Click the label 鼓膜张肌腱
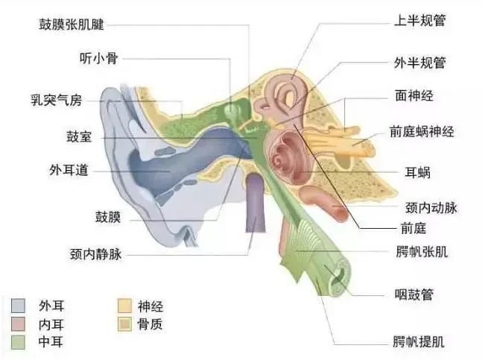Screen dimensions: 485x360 tap(71, 25)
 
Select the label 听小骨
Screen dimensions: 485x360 tap(98, 58)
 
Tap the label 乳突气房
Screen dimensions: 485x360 tap(56, 101)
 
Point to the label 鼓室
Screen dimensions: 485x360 tap(79, 136)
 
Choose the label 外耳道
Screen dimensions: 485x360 tap(69, 170)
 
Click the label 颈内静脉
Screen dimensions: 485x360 tap(95, 254)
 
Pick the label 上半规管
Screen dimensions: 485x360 tap(419, 20)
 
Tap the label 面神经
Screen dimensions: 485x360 tap(414, 95)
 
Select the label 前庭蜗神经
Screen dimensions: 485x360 tap(422, 132)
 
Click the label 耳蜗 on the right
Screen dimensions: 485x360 tap(417, 173)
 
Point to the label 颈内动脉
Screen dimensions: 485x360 tap(431, 208)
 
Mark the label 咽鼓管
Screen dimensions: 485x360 tap(414, 294)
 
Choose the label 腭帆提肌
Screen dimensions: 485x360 tap(419, 342)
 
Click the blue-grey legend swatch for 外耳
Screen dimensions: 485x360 tap(18, 306)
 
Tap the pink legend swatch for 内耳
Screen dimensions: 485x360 tap(18, 323)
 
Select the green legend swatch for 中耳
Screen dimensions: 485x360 tap(18, 342)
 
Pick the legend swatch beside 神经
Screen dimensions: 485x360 tap(124, 306)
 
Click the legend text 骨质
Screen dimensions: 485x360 tap(150, 324)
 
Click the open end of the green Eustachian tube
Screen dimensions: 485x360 tap(340, 279)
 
